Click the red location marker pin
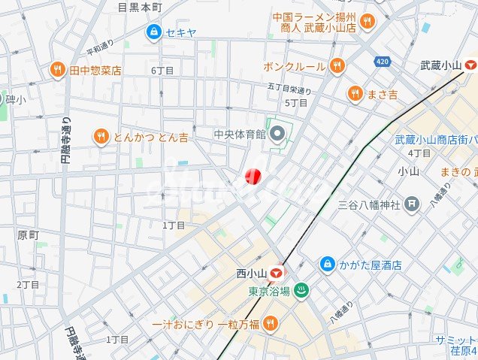pos(252,177)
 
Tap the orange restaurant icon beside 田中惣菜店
pos(58,70)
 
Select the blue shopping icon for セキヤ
pos(154,32)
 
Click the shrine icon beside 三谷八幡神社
pos(411,203)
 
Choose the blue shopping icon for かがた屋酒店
pos(328,265)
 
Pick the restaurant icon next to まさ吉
pos(355,93)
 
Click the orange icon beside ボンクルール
pos(337,66)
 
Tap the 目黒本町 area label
pos(140,7)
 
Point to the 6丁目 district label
pos(162,71)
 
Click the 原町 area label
pos(27,235)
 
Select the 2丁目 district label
pos(28,285)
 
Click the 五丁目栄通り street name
pos(289,89)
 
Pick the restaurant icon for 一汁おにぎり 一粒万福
pos(271,324)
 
